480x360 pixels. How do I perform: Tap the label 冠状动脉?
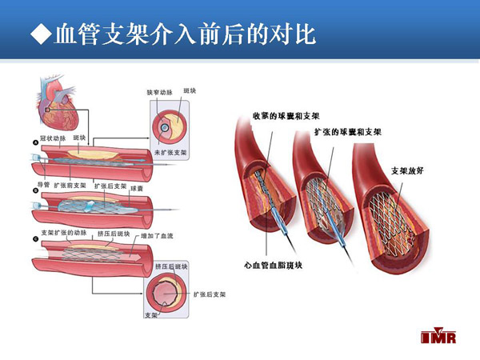tap(52, 138)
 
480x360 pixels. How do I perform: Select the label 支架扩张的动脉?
tap(62, 233)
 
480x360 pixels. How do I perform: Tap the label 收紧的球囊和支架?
tap(279, 116)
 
